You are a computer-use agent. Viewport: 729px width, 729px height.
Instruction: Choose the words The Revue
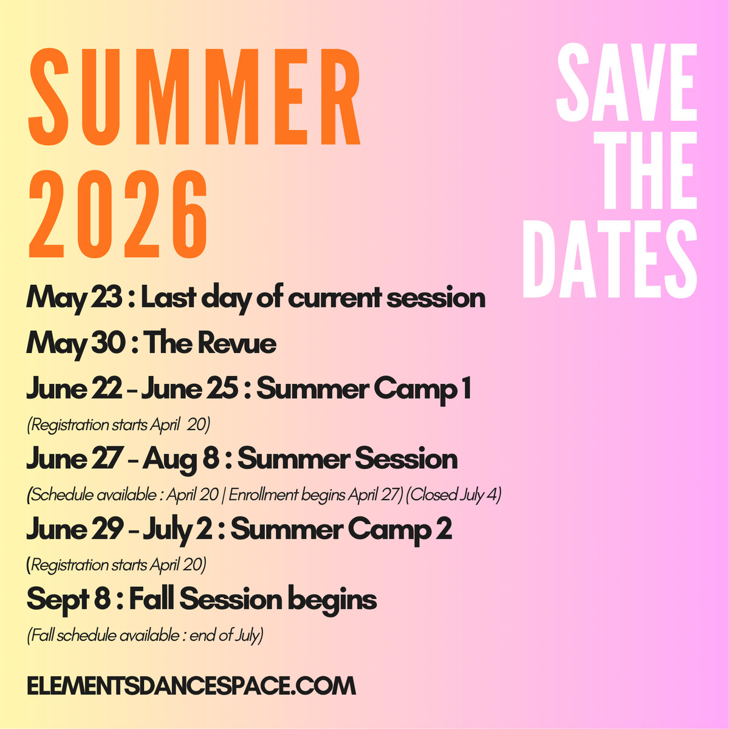[210, 344]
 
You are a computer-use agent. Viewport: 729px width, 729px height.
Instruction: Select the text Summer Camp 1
[364, 389]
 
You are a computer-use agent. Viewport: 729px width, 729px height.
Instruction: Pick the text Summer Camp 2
[341, 529]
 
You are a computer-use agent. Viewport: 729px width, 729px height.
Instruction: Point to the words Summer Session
[347, 459]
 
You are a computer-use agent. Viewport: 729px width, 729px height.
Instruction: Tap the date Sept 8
[68, 600]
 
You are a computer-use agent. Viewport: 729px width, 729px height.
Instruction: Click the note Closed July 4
[454, 495]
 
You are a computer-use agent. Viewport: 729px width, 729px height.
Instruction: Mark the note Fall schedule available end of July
[145, 636]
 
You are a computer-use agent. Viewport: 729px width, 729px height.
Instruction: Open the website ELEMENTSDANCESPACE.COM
[191, 686]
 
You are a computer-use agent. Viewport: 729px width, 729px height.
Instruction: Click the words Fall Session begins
[253, 600]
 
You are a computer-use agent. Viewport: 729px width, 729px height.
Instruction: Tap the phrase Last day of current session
[313, 298]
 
